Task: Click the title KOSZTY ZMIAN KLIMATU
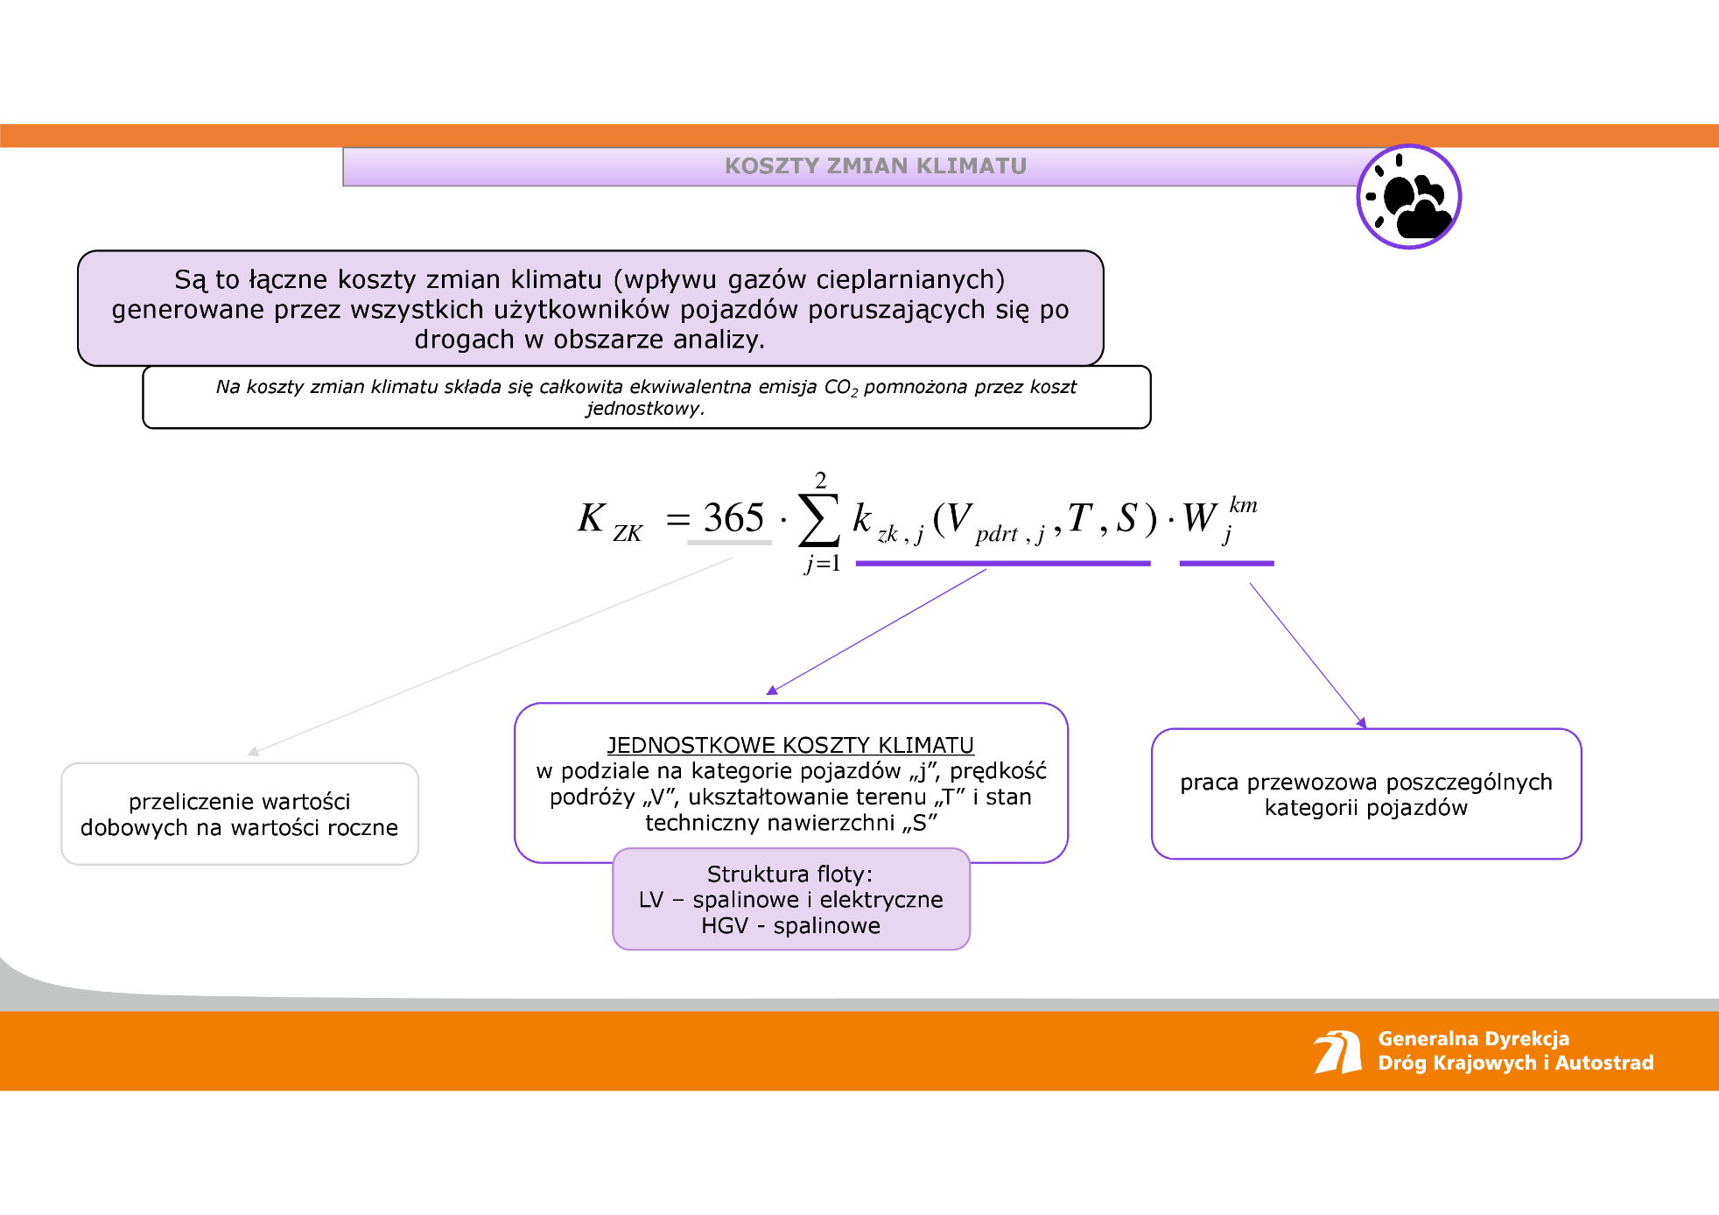tap(875, 165)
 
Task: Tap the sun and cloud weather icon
tap(1409, 197)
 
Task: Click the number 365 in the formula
tap(733, 518)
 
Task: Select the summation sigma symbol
tap(819, 520)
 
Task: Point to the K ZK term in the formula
tap(609, 520)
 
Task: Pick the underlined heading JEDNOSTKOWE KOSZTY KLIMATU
tap(790, 745)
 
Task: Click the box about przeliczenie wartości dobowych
tap(240, 814)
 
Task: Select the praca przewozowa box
tap(1366, 794)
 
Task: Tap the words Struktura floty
tap(789, 874)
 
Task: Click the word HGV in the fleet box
tap(724, 925)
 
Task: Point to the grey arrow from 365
tap(490, 657)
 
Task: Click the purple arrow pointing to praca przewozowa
tap(1307, 655)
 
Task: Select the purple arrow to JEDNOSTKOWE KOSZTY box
tap(877, 631)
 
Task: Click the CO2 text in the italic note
tap(840, 387)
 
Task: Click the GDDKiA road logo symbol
tap(1337, 1051)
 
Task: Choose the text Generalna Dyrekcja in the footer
tap(1473, 1038)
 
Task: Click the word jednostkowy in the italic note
tap(645, 408)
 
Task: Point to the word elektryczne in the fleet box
tap(881, 899)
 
